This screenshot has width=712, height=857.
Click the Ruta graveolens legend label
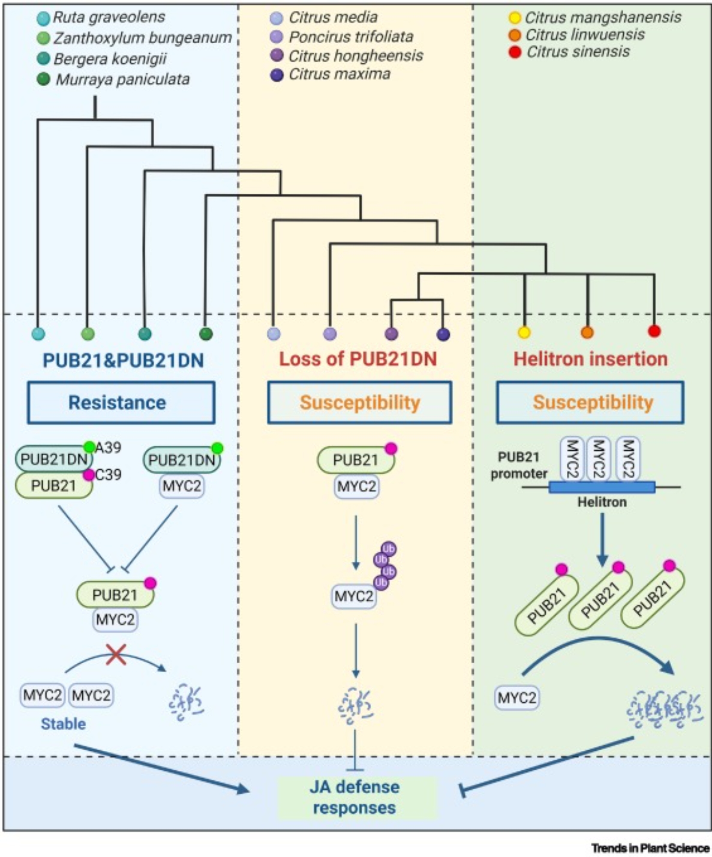[109, 17]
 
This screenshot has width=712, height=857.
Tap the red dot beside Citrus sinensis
[514, 52]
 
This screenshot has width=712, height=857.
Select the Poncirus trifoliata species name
[351, 37]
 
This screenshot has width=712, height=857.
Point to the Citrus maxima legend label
[339, 74]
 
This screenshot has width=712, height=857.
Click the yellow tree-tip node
[524, 332]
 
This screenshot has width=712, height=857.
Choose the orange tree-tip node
[587, 332]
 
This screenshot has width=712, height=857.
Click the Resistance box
[121, 402]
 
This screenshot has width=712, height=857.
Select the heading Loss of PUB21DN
[358, 359]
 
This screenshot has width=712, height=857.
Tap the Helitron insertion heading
[590, 359]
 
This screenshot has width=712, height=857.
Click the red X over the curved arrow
[116, 654]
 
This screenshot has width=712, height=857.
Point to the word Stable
[63, 724]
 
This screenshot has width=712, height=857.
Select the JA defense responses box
[355, 797]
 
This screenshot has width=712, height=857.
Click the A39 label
[108, 448]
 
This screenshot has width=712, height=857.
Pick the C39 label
[108, 474]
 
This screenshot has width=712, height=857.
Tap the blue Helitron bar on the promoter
[601, 487]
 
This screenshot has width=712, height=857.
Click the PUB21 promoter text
[519, 465]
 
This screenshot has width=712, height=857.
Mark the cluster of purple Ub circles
[385, 566]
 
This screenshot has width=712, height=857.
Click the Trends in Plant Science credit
[650, 848]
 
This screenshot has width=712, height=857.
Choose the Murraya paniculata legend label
[123, 79]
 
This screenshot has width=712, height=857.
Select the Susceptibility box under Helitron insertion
[590, 402]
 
